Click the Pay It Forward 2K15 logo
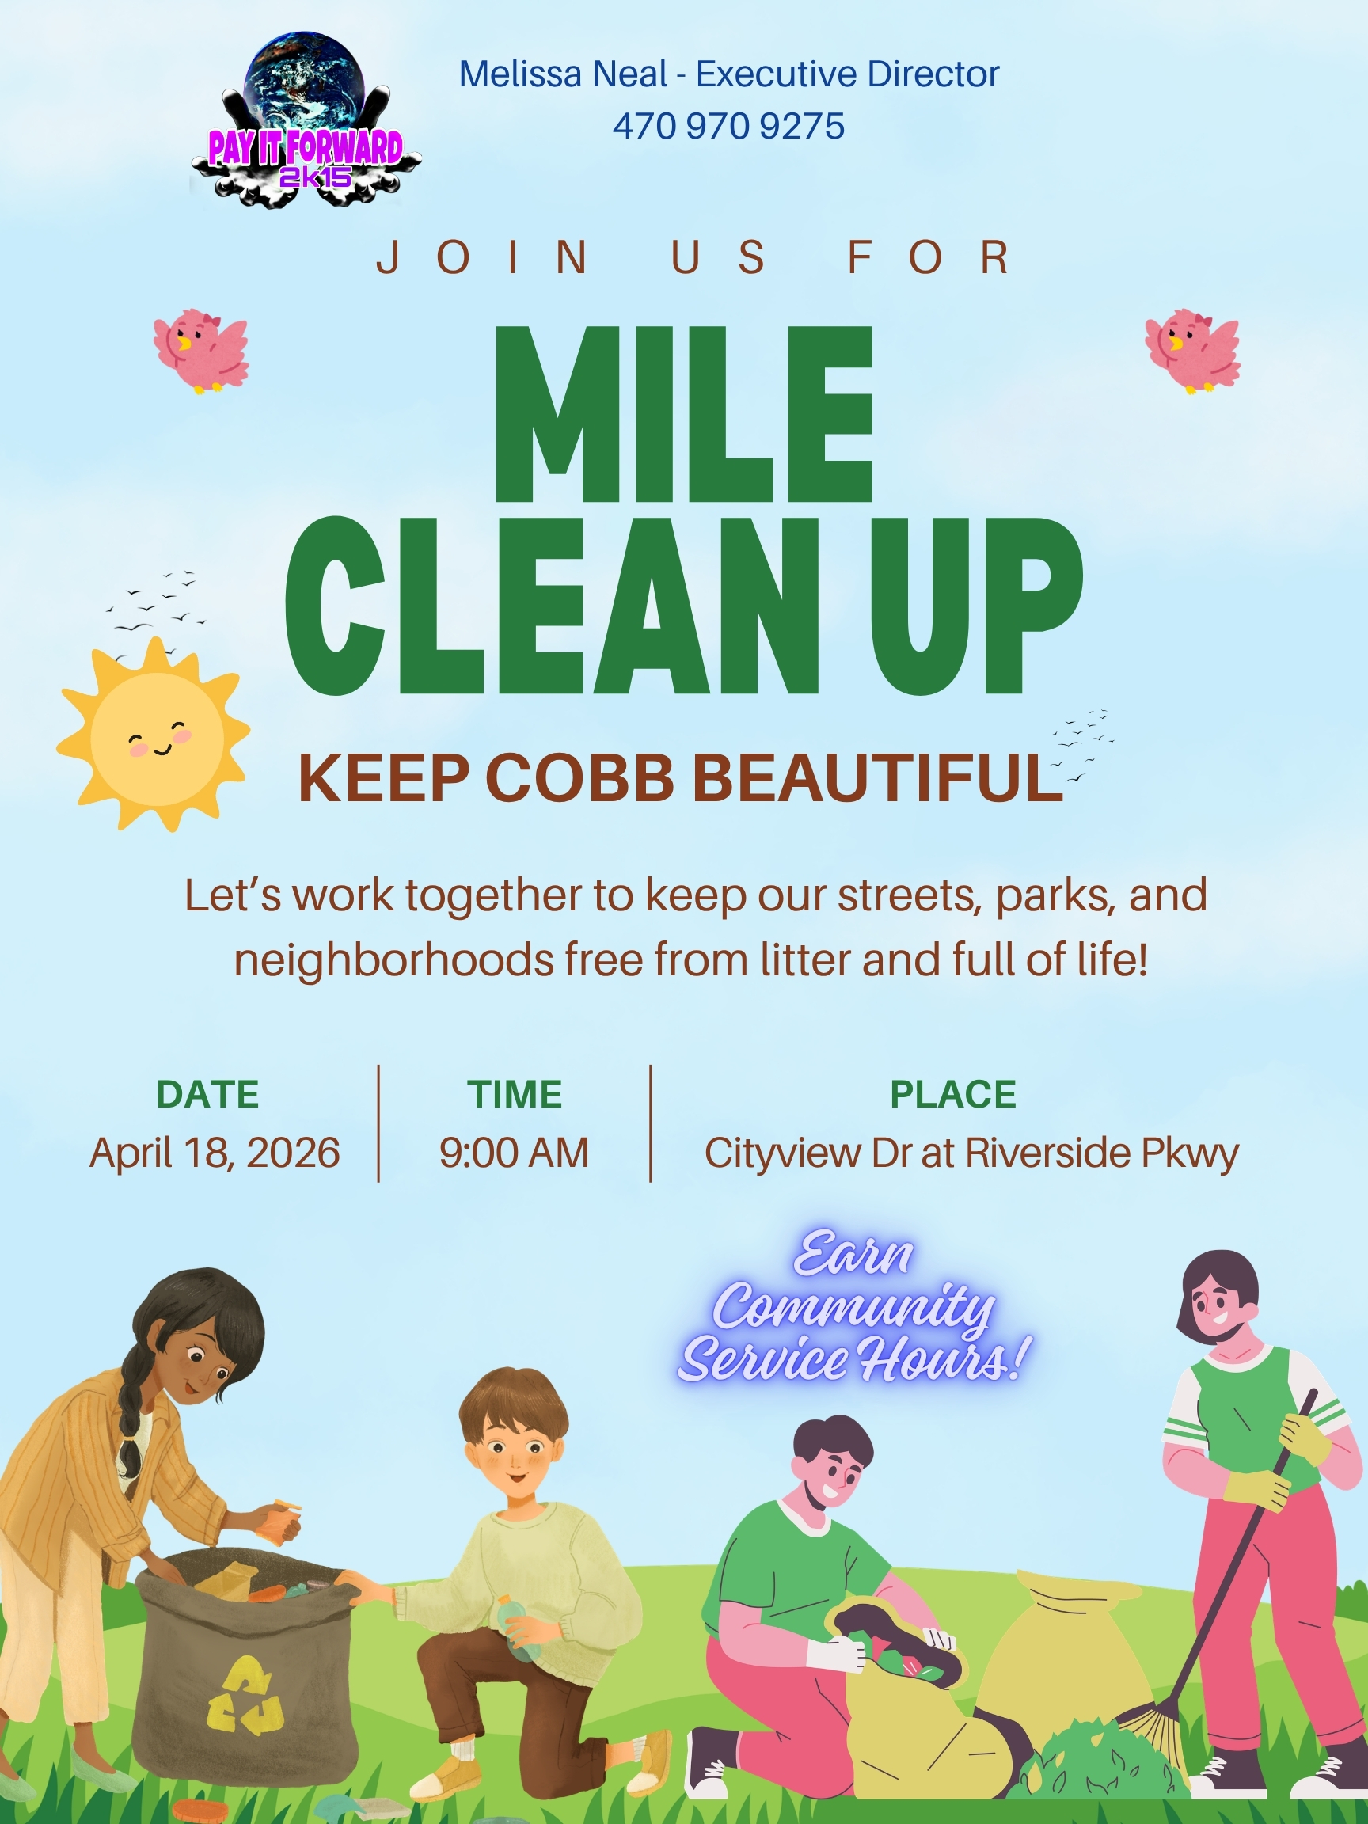pyautogui.click(x=305, y=120)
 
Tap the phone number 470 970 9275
pyautogui.click(x=728, y=126)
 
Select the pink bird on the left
pyautogui.click(x=200, y=351)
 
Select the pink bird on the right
pyautogui.click(x=1192, y=351)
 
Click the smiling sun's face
pyautogui.click(x=157, y=738)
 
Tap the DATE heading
pyautogui.click(x=207, y=1094)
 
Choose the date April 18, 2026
pyautogui.click(x=215, y=1152)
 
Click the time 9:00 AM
pyautogui.click(x=514, y=1152)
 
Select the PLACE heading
pyautogui.click(x=953, y=1094)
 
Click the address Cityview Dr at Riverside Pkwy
pyautogui.click(x=971, y=1153)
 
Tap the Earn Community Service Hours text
pyautogui.click(x=854, y=1307)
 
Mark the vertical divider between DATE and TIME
pyautogui.click(x=378, y=1123)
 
